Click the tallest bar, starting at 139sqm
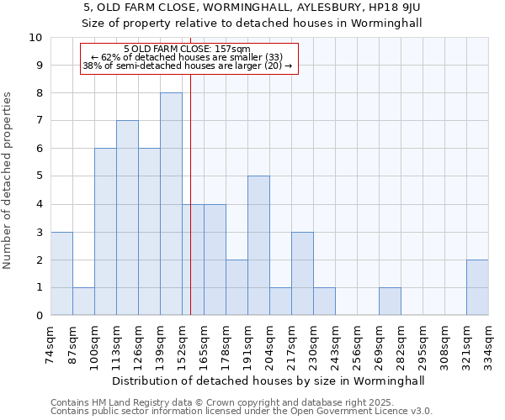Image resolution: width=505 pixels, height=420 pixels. pyautogui.click(x=171, y=204)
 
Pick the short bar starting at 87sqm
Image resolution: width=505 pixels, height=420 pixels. pyautogui.click(x=83, y=302)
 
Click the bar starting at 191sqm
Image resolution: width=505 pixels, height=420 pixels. pyautogui.click(x=258, y=246)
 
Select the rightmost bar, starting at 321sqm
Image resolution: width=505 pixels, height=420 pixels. pyautogui.click(x=477, y=288)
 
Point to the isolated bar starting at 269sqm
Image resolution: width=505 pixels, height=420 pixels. pyautogui.click(x=390, y=302)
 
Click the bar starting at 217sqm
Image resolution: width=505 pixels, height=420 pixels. pyautogui.click(x=302, y=274)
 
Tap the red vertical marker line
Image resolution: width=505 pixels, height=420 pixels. pyautogui.click(x=191, y=210)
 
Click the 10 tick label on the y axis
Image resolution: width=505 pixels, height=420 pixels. pyautogui.click(x=35, y=38)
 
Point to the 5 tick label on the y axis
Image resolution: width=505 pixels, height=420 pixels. pyautogui.click(x=39, y=176)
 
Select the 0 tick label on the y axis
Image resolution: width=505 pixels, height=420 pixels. pyautogui.click(x=39, y=316)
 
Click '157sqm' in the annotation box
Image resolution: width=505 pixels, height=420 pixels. pyautogui.click(x=233, y=49)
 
